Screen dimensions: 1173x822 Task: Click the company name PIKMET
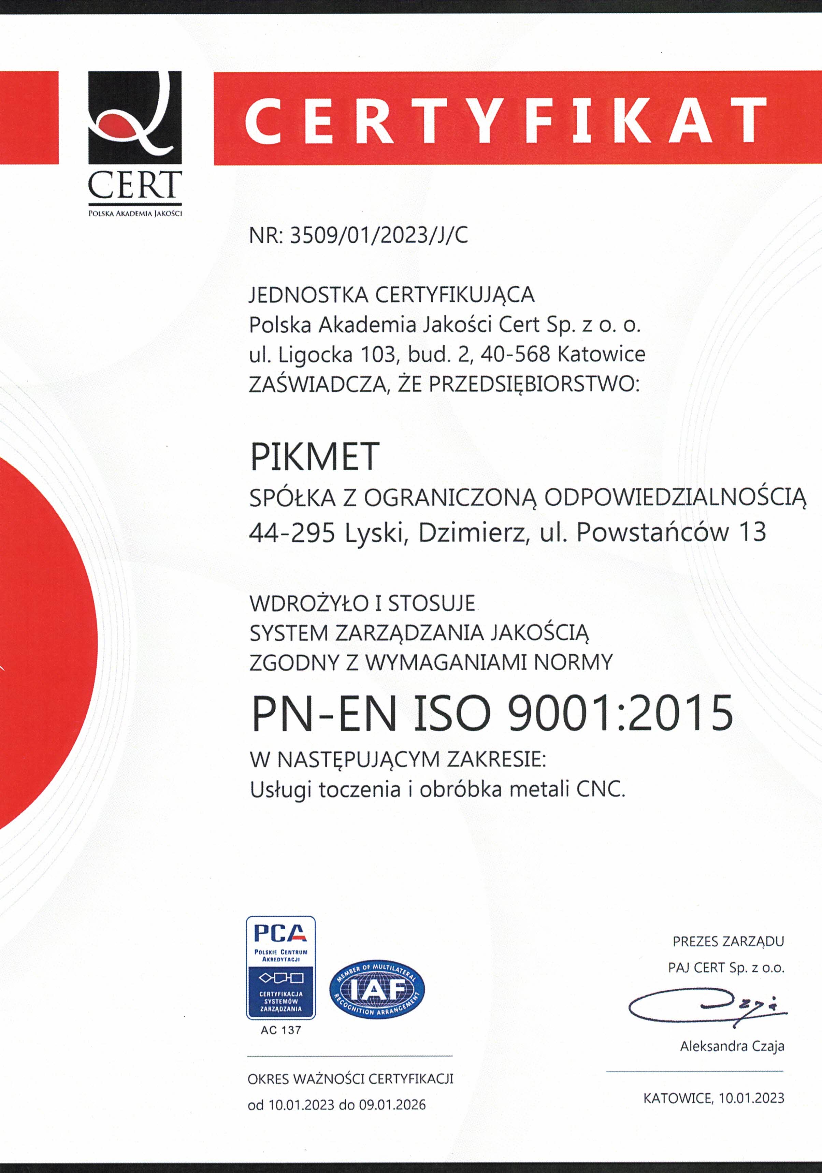(x=314, y=457)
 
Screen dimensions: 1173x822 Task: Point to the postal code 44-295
(x=292, y=533)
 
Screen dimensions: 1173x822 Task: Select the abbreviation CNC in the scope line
(x=600, y=790)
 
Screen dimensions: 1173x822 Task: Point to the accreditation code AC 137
(x=280, y=1030)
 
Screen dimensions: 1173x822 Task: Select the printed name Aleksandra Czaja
(x=732, y=1047)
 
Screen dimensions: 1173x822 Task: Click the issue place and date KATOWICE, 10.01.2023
(x=714, y=1098)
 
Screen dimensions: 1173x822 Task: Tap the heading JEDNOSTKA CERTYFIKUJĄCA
(x=392, y=295)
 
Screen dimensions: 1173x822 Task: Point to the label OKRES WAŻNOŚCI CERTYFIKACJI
(x=350, y=1079)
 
